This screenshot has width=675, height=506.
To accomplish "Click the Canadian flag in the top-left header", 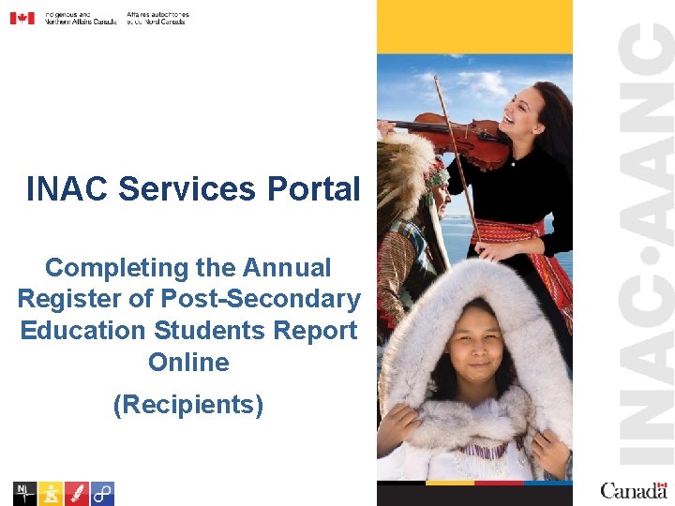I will [22, 18].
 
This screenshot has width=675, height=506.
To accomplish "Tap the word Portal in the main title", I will [313, 188].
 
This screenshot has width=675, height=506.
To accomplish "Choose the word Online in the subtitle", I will [188, 362].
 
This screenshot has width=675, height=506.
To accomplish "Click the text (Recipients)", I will [187, 405].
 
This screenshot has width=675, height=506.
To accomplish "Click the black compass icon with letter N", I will [24, 493].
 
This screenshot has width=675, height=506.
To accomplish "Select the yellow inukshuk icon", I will [51, 493].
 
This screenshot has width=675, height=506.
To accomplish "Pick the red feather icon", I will [77, 493].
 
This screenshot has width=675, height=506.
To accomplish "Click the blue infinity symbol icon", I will [102, 493].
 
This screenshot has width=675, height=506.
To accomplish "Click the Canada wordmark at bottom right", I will [634, 490].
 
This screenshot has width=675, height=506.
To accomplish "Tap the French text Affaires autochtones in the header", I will [157, 15].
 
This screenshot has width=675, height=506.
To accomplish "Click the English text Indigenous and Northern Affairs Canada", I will [81, 18].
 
